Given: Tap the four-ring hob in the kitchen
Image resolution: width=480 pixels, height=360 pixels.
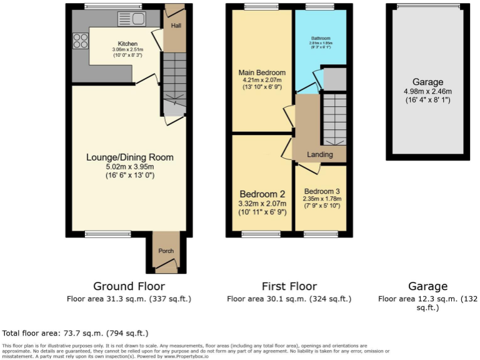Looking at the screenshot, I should (81, 41).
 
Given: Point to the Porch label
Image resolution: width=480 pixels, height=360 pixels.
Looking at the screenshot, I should (166, 251).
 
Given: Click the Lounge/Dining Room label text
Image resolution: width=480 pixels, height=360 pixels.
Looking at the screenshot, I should (129, 157).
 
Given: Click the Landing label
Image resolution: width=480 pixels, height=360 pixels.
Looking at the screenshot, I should (319, 154).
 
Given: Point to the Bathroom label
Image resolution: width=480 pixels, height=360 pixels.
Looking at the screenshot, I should (320, 38).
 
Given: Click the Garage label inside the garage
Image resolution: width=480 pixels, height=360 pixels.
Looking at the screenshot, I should (427, 82).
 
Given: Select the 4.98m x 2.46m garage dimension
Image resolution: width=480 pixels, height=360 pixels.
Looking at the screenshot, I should (427, 92).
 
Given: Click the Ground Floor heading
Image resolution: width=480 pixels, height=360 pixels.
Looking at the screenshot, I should (129, 286).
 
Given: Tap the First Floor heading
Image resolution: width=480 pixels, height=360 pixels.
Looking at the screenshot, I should (289, 286).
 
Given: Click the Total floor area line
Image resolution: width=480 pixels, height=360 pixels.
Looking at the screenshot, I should (76, 333).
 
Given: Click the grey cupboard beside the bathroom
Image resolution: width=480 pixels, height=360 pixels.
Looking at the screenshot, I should (334, 79).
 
